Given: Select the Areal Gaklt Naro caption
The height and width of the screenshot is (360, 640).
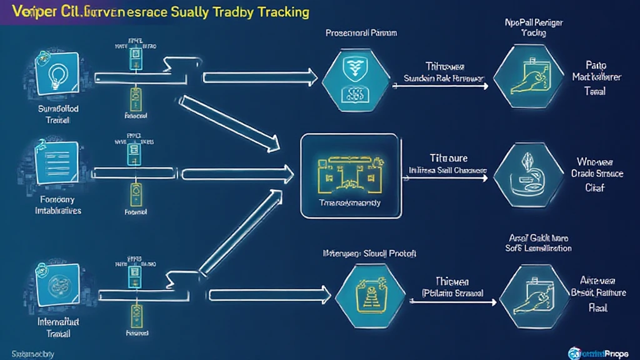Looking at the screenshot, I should click(x=538, y=242).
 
